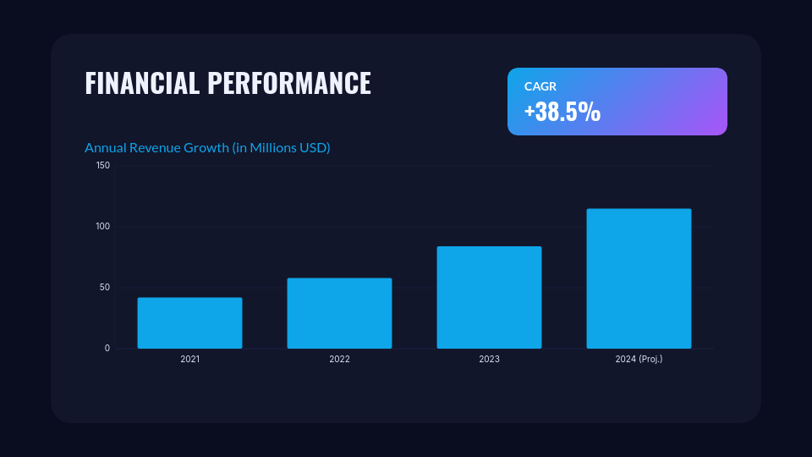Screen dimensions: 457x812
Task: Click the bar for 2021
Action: [189, 323]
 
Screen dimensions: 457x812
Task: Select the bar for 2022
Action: [339, 313]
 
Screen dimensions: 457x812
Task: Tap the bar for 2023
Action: [489, 298]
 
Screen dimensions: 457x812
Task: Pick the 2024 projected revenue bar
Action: [639, 278]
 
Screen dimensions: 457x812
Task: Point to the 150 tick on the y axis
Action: [102, 166]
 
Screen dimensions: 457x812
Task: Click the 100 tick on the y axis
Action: [102, 227]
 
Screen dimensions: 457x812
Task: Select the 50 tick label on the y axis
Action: [105, 288]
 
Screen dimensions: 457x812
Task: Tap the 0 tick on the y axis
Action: [107, 349]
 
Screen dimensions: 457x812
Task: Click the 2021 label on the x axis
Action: [189, 360]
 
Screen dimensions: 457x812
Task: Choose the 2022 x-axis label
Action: [339, 360]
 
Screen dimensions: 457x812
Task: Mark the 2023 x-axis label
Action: [489, 360]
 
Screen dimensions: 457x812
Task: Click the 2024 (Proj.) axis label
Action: [639, 360]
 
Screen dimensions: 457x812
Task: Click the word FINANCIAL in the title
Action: [142, 83]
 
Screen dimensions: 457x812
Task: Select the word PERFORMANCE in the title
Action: [289, 83]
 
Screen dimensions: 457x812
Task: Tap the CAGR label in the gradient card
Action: [540, 86]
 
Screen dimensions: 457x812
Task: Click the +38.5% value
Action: [562, 112]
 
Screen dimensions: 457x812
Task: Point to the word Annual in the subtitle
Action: [105, 148]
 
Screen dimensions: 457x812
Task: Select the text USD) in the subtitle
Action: [315, 148]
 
